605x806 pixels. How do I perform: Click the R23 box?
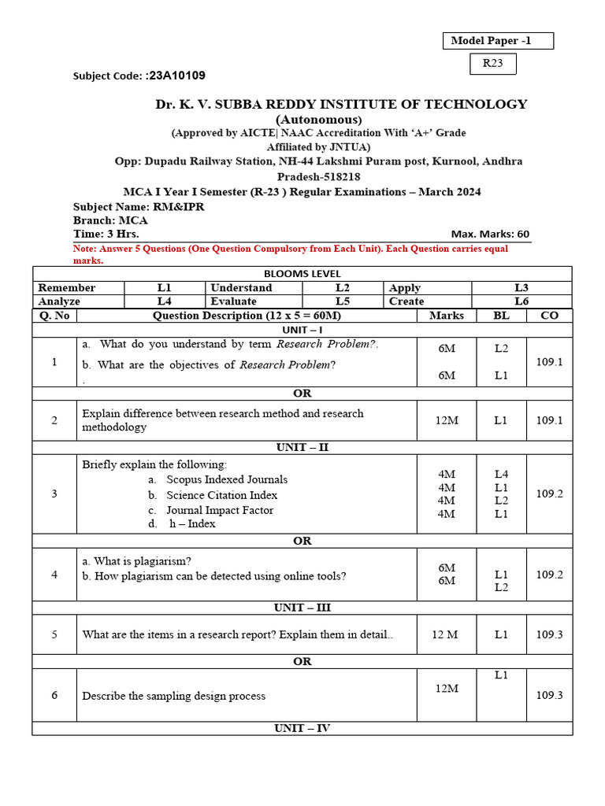[493, 64]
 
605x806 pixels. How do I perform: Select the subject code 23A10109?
[176, 76]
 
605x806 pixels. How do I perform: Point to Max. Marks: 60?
[490, 234]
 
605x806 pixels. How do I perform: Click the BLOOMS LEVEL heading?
[302, 273]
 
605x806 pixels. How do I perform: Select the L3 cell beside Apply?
[521, 287]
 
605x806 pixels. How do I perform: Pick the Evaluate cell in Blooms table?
[234, 301]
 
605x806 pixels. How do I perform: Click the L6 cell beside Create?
[521, 301]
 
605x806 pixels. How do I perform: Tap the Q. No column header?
[54, 316]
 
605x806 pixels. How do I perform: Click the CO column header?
[549, 316]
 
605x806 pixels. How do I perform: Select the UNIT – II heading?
[302, 447]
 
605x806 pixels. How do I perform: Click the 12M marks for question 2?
[447, 420]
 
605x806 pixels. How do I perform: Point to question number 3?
[54, 494]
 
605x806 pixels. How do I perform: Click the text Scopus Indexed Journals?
[227, 479]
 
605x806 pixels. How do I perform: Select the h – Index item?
[192, 523]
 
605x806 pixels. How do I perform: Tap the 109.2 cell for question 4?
[549, 575]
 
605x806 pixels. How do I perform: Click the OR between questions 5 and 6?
[302, 661]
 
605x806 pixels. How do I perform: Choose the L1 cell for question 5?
[501, 634]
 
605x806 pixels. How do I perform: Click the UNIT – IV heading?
[302, 728]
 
